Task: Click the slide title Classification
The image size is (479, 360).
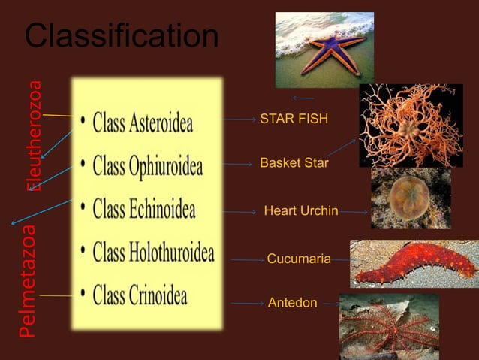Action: click(x=122, y=36)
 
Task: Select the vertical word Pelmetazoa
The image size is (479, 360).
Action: click(x=28, y=280)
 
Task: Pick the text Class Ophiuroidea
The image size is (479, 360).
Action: click(x=147, y=166)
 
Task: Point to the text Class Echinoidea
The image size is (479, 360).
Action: click(x=143, y=208)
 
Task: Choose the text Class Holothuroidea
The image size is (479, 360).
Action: click(x=153, y=251)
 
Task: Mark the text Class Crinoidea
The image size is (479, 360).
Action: click(x=140, y=295)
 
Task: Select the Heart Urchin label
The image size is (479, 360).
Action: click(x=301, y=211)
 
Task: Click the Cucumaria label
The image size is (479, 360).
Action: click(x=299, y=259)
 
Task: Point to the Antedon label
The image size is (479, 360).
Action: click(x=292, y=303)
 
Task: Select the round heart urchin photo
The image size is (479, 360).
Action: click(x=409, y=199)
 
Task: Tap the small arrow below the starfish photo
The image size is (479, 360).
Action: click(x=303, y=98)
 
